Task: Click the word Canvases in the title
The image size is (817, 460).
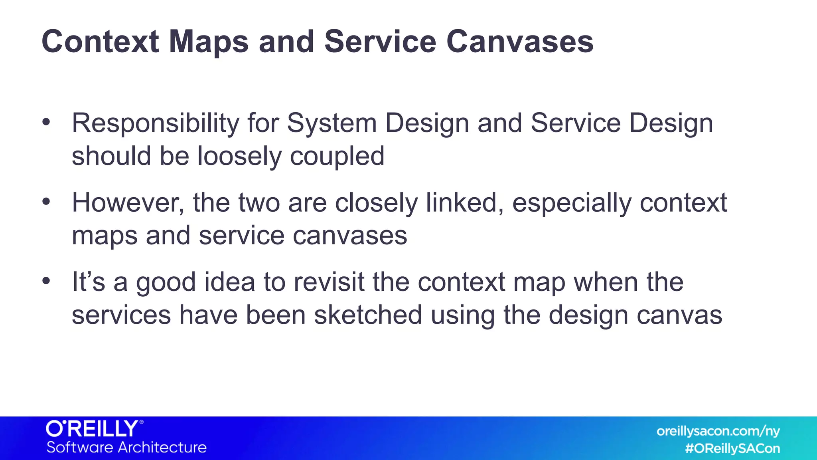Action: (x=519, y=42)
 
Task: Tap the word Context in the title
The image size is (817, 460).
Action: (x=100, y=42)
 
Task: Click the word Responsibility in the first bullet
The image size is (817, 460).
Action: (x=155, y=124)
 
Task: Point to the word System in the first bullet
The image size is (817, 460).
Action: (x=332, y=124)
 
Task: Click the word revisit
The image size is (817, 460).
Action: (x=329, y=282)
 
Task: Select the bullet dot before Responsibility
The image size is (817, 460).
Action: (x=46, y=122)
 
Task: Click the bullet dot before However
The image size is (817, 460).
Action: (x=46, y=202)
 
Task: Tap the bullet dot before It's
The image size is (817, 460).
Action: (x=46, y=281)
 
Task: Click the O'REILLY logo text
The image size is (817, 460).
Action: (x=93, y=429)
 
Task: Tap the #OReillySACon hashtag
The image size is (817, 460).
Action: (x=732, y=449)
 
